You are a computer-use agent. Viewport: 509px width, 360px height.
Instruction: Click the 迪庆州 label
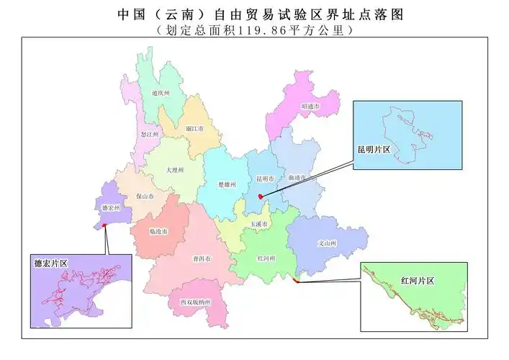161,94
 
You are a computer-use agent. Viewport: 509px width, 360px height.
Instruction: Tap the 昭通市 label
310,106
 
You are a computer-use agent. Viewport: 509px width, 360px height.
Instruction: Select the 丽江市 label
194,128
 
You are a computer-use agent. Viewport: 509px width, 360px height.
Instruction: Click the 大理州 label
175,170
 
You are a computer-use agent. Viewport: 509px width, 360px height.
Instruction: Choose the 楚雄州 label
228,184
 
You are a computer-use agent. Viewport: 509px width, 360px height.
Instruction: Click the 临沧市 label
158,232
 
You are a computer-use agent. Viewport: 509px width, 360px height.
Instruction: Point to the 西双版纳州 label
194,302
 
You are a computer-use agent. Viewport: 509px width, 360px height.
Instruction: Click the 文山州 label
328,244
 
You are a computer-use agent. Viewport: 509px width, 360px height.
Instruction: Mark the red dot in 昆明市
260,194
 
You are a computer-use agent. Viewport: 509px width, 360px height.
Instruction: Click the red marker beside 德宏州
105,225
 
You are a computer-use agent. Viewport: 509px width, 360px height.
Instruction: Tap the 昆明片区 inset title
374,149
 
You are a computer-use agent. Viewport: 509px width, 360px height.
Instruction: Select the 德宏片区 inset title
50,264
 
